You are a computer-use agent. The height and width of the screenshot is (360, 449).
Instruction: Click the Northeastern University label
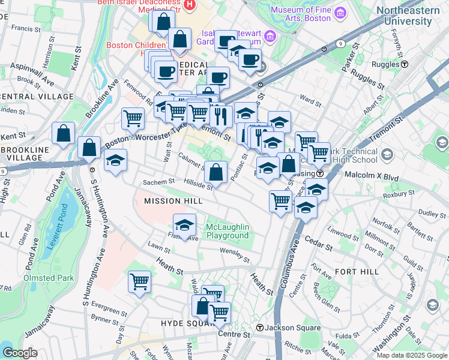point(403,16)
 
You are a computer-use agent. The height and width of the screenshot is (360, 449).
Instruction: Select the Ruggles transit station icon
point(405,64)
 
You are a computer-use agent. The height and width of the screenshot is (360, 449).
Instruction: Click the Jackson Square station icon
point(259,328)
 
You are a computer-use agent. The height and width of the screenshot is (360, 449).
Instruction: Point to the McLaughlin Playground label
point(228,231)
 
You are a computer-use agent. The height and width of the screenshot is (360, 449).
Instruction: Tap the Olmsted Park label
point(49,278)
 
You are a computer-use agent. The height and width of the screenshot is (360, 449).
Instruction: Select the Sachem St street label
point(158,182)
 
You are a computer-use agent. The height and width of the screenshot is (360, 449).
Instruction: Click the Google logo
point(20,353)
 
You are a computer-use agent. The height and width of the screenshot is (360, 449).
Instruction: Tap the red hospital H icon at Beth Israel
point(190,5)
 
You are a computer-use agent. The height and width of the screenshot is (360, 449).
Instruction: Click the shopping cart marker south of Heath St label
point(139,280)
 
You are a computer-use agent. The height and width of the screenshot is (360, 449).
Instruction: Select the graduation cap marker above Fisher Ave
point(184,225)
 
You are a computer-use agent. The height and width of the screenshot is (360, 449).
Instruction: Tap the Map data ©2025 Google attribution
point(411,355)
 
